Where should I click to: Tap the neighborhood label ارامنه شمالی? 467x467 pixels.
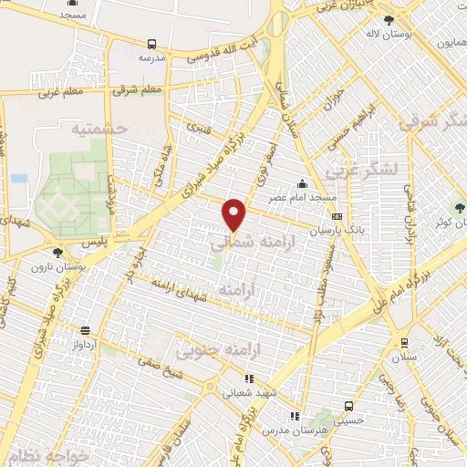(242, 244)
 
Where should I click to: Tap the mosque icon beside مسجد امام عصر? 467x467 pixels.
(302, 183)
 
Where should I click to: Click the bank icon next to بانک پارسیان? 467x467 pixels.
(338, 217)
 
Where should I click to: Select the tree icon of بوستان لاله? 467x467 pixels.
(389, 20)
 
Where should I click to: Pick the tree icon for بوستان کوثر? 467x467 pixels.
(460, 207)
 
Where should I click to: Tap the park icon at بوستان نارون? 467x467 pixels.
(58, 253)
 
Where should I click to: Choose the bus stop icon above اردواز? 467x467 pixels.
(85, 331)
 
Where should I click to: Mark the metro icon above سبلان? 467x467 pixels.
(404, 343)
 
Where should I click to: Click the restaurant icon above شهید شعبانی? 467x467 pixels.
(248, 379)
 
